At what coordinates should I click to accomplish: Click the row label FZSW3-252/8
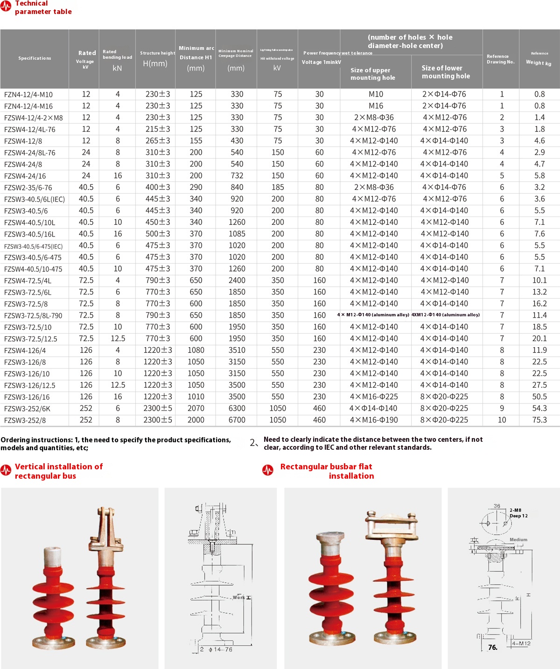[x=25, y=420]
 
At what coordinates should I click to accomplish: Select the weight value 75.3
[x=539, y=420]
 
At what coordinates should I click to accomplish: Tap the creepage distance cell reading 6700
[x=237, y=420]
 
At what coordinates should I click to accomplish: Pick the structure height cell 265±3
[x=158, y=140]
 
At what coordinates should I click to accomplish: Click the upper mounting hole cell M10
[x=376, y=94]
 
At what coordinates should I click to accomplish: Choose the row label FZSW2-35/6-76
[x=28, y=188]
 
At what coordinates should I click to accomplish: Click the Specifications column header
[x=35, y=58]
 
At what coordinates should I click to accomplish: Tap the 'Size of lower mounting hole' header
[x=446, y=72]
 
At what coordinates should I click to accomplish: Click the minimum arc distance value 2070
[x=196, y=408]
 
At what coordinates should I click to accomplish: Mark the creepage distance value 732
[x=237, y=175]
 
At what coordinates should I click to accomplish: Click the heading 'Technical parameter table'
[x=43, y=7]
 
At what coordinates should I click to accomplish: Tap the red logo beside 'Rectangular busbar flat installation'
[x=268, y=470]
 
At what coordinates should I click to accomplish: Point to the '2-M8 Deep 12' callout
[x=518, y=513]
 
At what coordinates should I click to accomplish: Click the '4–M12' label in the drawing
[x=521, y=644]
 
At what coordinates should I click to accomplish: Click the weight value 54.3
[x=539, y=408]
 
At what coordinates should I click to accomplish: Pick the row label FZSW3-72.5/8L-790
[x=33, y=316]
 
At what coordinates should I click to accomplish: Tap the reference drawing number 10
[x=502, y=420]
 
